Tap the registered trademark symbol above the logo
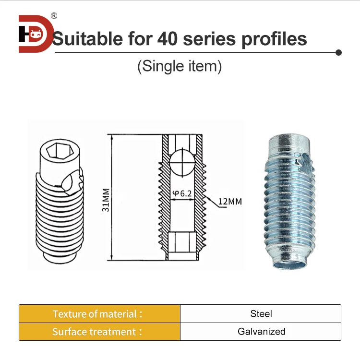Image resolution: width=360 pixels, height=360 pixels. point(54,16)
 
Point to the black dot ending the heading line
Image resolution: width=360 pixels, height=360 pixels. point(338,52)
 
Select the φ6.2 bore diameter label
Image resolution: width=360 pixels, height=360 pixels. point(183,193)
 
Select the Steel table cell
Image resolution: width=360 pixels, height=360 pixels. point(261,314)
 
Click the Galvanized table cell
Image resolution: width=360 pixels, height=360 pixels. point(261,332)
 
